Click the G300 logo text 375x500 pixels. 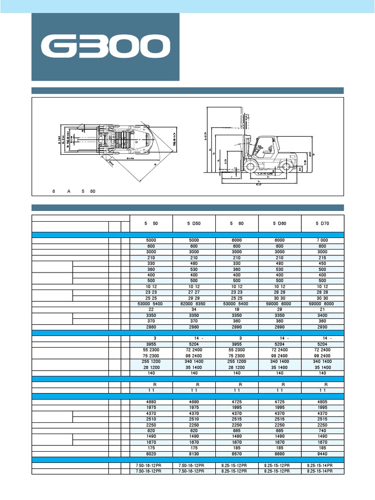coord(105,47)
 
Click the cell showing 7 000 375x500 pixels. coord(323,241)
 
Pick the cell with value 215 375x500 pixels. coord(323,258)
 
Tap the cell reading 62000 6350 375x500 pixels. coord(194,304)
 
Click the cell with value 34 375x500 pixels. coord(194,310)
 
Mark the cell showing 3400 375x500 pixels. coord(323,315)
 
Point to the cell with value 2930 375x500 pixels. coord(323,327)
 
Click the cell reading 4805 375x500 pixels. coord(323,401)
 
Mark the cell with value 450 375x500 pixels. coord(323,264)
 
